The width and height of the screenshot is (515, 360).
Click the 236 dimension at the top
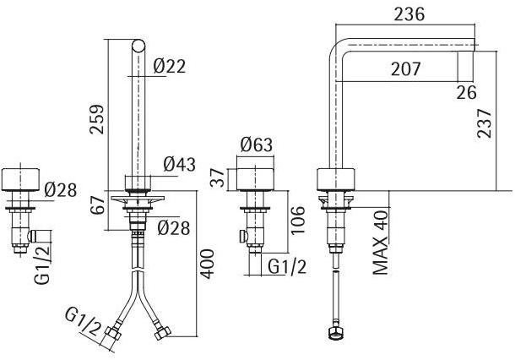(408, 14)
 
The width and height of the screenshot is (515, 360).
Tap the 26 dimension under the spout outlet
(466, 91)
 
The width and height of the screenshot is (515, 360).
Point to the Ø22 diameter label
(171, 66)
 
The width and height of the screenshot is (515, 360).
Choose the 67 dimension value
(98, 205)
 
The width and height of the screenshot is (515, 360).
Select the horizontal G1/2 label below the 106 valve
(286, 267)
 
